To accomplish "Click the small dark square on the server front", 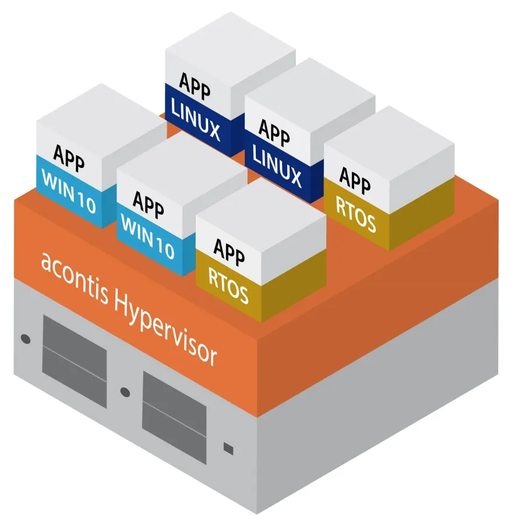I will coord(228,448).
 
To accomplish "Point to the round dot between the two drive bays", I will coord(124,392).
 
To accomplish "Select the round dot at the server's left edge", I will coord(25,338).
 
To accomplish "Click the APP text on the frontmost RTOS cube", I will coord(228,250).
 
